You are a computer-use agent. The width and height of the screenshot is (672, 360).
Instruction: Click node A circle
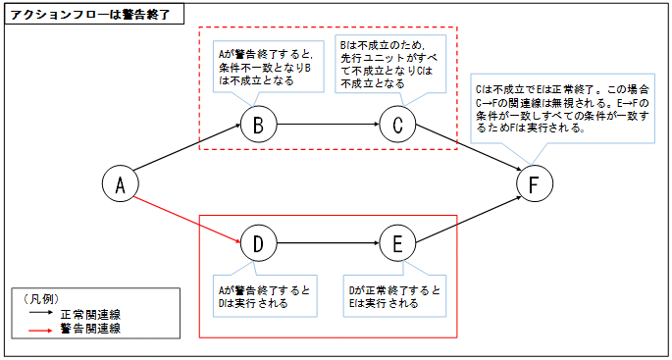pos(121,184)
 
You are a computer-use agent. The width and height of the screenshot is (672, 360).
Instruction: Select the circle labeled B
pos(258,126)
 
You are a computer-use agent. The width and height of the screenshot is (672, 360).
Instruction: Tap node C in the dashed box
pos(397,126)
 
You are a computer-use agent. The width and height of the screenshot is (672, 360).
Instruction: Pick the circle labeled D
pos(258,244)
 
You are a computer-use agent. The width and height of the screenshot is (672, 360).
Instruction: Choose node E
pos(397,244)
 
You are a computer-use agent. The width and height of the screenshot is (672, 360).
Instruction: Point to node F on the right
pos(533,184)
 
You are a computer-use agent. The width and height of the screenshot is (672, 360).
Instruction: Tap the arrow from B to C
pos(328,126)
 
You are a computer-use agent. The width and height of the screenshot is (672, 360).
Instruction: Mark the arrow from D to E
pos(328,244)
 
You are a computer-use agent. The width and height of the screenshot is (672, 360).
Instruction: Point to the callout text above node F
pos(559,107)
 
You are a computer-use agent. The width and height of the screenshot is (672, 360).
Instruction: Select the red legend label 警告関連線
pos(92,329)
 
